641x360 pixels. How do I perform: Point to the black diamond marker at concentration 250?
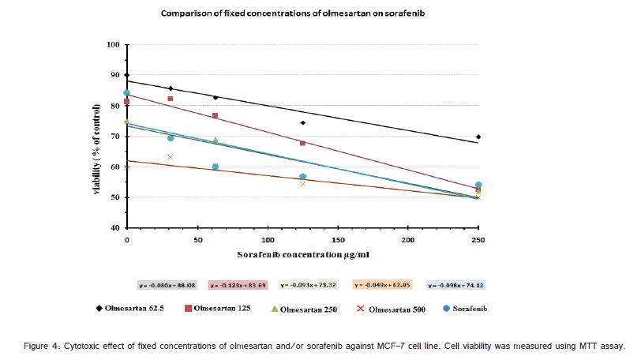[478, 137]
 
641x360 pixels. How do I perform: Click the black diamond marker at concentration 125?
[302, 122]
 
